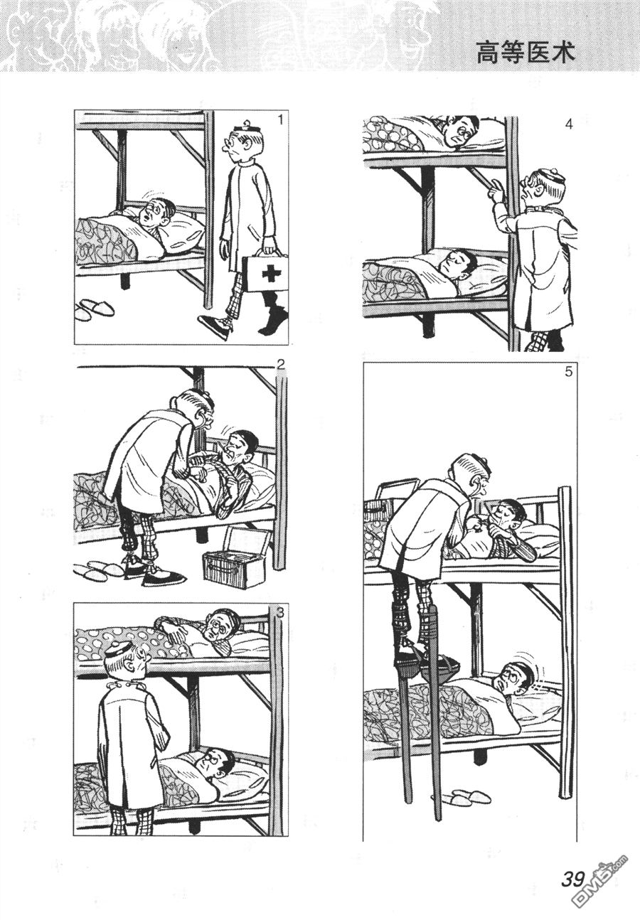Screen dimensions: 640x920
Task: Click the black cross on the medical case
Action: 270,274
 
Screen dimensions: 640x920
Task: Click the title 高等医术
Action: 525,53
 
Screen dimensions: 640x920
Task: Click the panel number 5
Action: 568,373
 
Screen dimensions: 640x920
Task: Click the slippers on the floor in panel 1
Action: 93,309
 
